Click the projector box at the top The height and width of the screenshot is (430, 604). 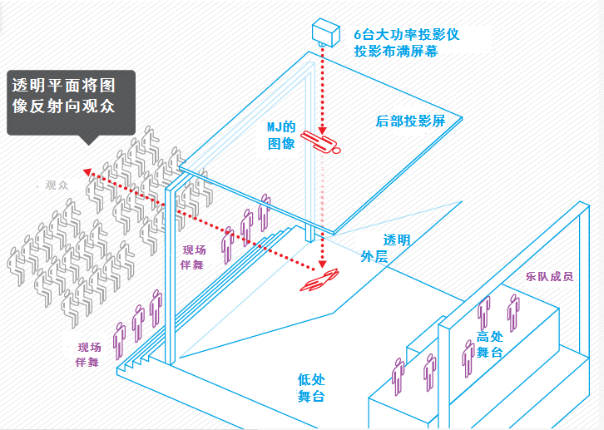click(326, 32)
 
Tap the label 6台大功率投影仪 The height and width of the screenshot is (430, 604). click(406, 35)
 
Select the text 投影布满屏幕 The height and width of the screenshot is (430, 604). click(394, 52)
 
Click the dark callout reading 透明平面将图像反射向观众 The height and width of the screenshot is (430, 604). click(70, 101)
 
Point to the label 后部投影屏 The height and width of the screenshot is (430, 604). click(411, 121)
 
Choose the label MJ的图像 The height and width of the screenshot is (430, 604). click(281, 136)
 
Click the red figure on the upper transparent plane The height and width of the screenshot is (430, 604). click(322, 144)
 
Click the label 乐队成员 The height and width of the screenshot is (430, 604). click(549, 277)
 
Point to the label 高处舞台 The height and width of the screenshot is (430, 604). click(488, 344)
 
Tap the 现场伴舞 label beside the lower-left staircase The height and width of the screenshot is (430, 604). click(89, 354)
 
